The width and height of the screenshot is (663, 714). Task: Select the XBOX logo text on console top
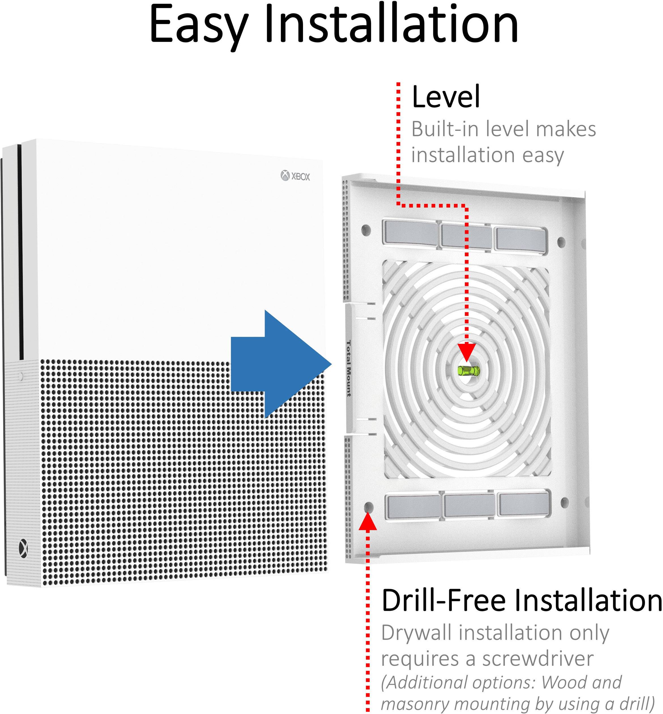pyautogui.click(x=295, y=176)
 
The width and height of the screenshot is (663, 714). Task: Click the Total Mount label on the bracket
pyautogui.click(x=348, y=368)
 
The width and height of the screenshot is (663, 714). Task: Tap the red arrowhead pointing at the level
pyautogui.click(x=466, y=352)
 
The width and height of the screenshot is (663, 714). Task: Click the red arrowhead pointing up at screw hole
pyautogui.click(x=368, y=521)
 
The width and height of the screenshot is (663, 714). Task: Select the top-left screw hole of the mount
pyautogui.click(x=366, y=230)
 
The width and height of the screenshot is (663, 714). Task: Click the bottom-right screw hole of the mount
pyautogui.click(x=564, y=501)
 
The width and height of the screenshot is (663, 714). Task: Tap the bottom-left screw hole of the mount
pyautogui.click(x=368, y=507)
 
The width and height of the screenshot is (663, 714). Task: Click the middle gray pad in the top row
pyautogui.click(x=466, y=235)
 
